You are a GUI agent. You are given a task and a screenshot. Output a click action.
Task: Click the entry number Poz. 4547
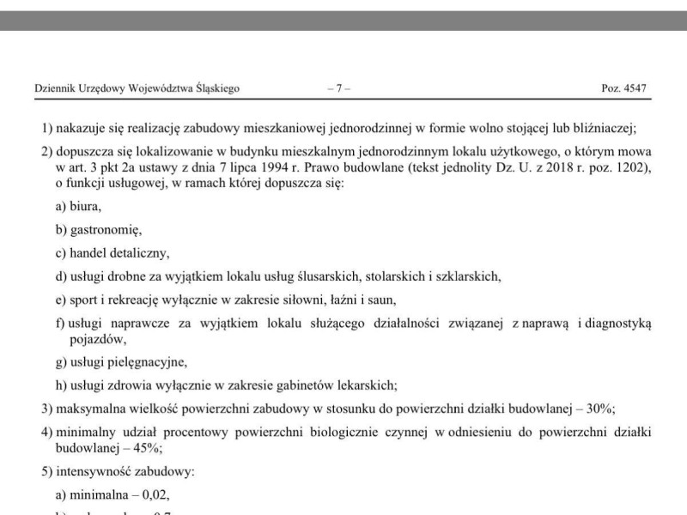(623, 88)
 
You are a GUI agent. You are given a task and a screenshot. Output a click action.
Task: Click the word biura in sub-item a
(86, 206)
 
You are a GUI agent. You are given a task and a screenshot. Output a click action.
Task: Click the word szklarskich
(469, 276)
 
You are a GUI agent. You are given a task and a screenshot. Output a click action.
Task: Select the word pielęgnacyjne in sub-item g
(147, 361)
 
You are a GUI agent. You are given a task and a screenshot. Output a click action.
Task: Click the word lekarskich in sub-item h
(366, 385)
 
